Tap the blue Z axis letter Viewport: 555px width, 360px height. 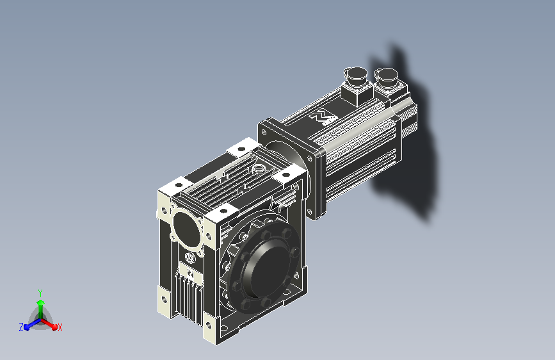(21, 327)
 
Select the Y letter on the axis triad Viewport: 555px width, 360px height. (40, 293)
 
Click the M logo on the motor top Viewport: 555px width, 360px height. (323, 118)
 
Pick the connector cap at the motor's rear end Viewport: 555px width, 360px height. (387, 76)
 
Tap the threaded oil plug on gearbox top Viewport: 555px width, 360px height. (259, 169)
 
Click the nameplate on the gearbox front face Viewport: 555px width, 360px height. (190, 272)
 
